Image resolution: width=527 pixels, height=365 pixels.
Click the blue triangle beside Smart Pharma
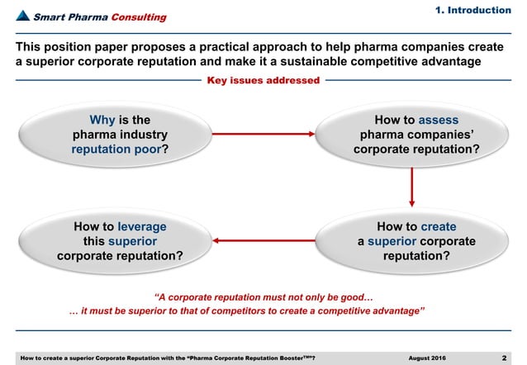pos(24,17)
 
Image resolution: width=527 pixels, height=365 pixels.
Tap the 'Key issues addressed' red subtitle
pos(263,80)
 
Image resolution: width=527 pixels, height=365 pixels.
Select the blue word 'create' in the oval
pos(439,226)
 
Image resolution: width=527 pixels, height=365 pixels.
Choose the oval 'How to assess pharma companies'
pos(411,135)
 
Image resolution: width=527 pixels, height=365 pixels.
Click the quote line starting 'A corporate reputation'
pos(265,296)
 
